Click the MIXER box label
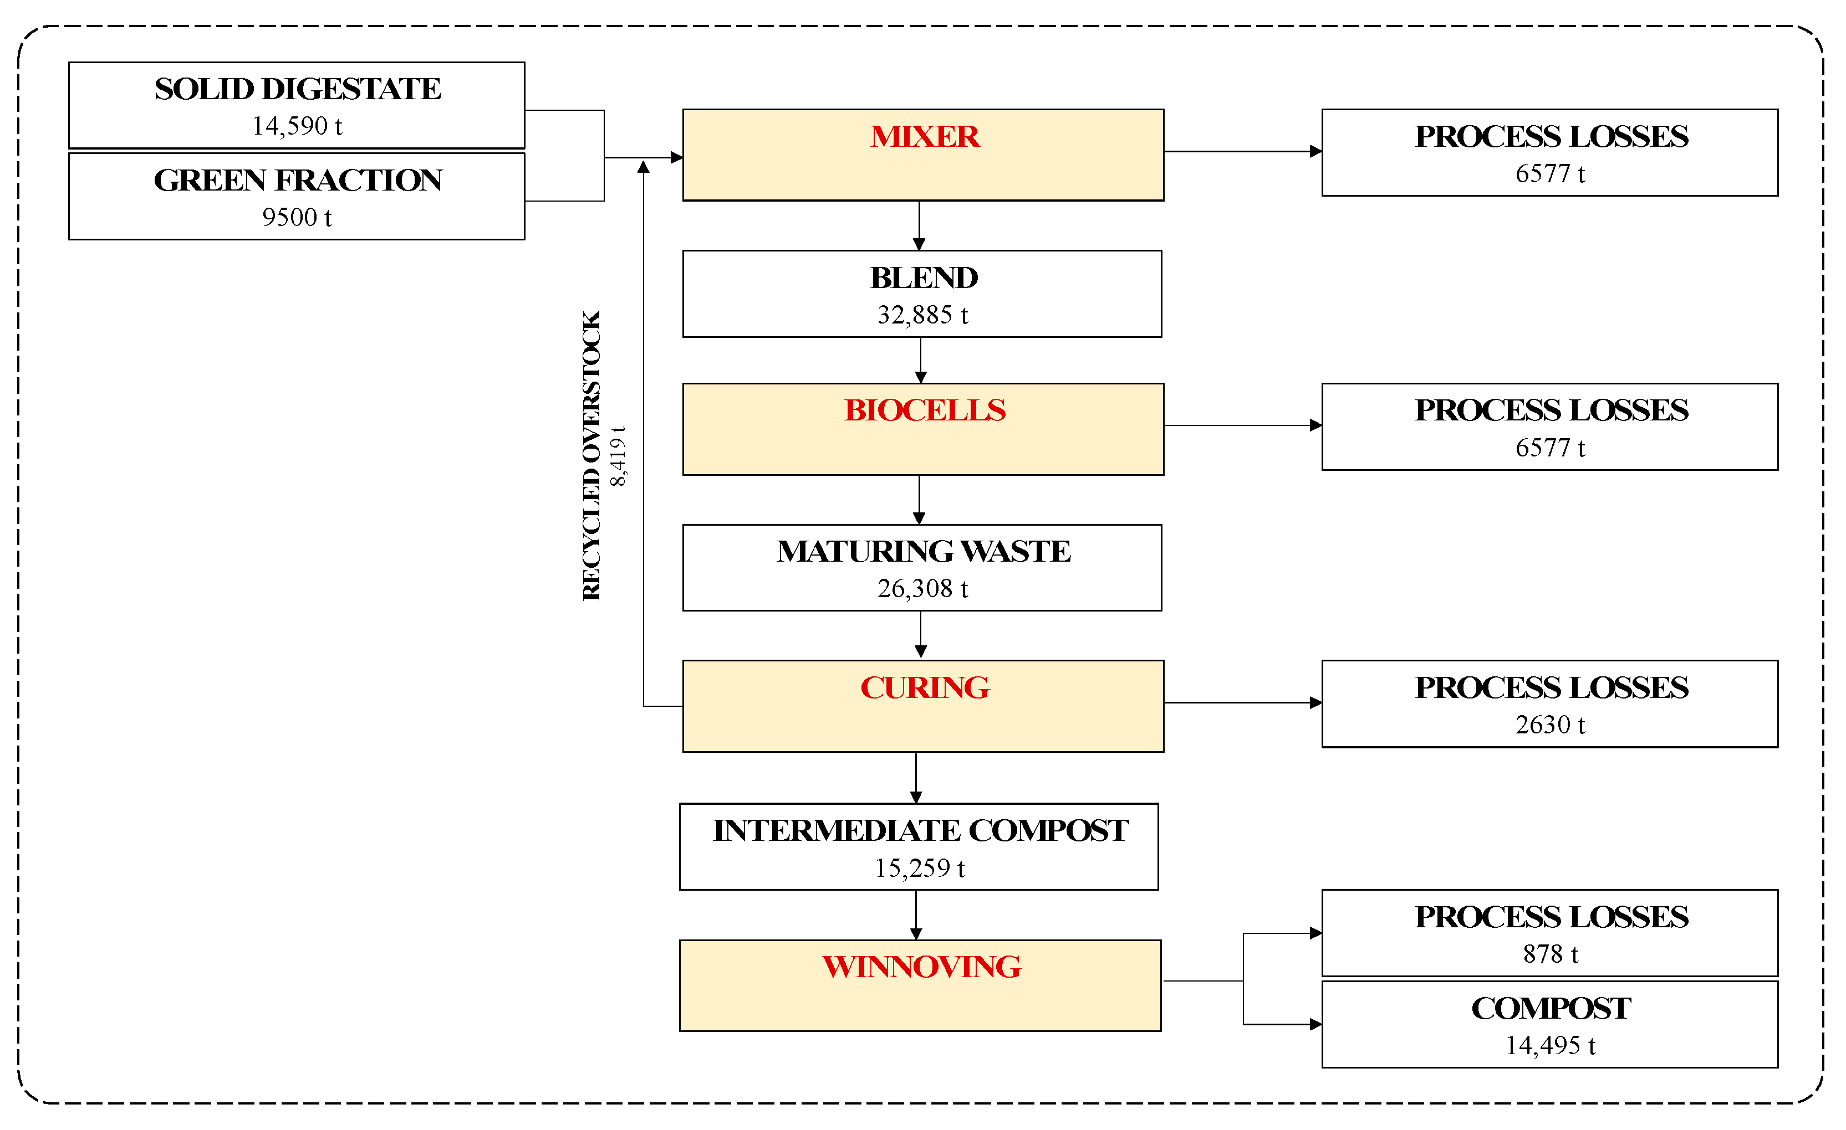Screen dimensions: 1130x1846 point(924,137)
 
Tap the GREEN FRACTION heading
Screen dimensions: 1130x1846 point(298,181)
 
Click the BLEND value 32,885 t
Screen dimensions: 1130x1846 point(922,315)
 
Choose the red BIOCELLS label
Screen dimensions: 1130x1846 point(924,410)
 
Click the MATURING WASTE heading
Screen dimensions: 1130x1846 point(923,552)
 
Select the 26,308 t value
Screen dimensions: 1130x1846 point(922,589)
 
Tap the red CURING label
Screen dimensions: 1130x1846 point(924,687)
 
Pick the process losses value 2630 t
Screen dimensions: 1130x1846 point(1549,725)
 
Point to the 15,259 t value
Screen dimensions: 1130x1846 point(919,868)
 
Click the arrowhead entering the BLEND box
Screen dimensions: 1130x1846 point(919,244)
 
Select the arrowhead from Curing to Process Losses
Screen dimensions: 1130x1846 point(1315,702)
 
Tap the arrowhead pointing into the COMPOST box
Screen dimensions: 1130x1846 point(1315,1024)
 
